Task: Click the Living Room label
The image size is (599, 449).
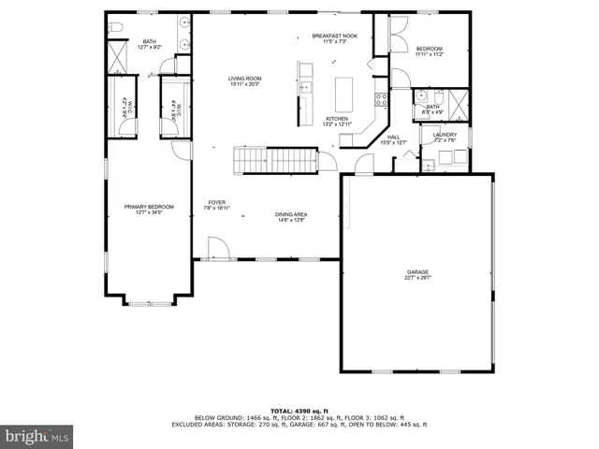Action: tap(244, 79)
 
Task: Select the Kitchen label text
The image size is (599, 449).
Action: tap(337, 119)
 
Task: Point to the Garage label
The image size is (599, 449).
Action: tap(417, 272)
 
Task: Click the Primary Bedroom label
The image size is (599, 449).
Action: tap(150, 207)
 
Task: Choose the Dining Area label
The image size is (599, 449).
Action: tap(292, 214)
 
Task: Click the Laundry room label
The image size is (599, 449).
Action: tap(445, 135)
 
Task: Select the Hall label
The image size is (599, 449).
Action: tap(394, 137)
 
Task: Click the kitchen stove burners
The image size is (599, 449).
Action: tap(381, 97)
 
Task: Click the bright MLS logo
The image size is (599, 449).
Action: tap(37, 435)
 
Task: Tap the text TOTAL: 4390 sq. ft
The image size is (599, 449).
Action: tap(299, 411)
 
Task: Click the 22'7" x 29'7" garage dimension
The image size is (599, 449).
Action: tap(417, 278)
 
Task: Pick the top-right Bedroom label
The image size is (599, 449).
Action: tap(429, 48)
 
